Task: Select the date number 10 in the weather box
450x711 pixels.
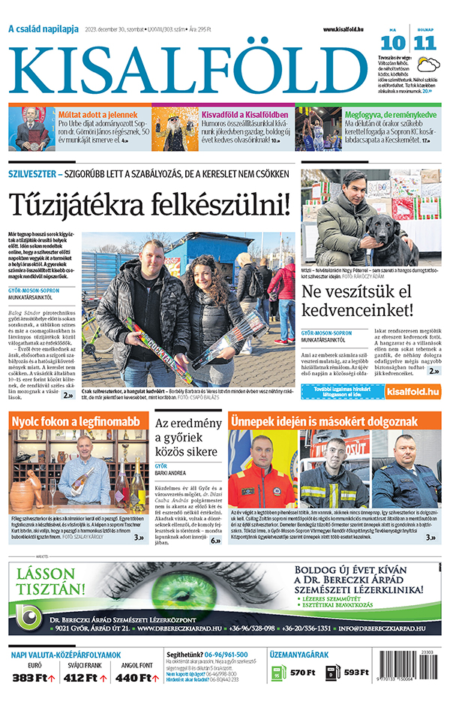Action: point(397,42)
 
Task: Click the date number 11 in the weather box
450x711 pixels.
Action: point(425,42)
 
